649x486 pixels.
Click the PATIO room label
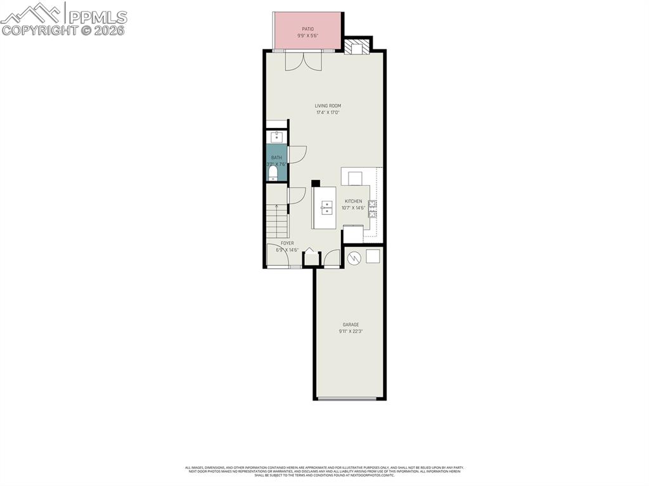coord(307,29)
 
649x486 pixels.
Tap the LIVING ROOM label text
coord(328,106)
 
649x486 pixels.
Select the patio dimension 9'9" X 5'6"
coord(307,35)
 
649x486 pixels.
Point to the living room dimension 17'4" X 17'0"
coord(328,113)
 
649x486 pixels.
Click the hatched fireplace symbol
coord(356,48)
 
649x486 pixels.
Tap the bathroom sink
coord(277,136)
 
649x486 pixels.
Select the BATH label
coord(276,157)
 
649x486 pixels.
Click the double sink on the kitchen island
coord(326,207)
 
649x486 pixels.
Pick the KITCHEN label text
coord(353,201)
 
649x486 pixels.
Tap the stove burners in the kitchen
coord(372,208)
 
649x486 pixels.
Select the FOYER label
coord(287,243)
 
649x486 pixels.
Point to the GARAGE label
coord(350,324)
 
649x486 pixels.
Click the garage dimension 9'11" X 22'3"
coord(350,331)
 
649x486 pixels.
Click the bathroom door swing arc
coord(297,154)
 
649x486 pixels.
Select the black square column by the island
coord(315,183)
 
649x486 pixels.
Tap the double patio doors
coord(303,60)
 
